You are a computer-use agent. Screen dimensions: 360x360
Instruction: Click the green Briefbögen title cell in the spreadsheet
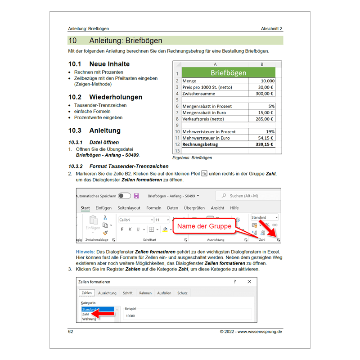(x=228, y=72)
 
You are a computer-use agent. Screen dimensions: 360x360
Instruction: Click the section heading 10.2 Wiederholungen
(x=105, y=97)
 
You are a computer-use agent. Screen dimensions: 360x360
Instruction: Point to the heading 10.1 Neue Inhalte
(x=99, y=64)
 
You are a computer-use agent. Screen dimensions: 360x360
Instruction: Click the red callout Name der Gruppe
(x=204, y=226)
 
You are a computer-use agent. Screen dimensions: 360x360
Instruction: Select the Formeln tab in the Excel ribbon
(x=153, y=208)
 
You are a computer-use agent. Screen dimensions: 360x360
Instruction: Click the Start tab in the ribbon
(x=85, y=208)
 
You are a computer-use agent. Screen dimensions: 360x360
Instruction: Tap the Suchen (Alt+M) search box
(x=247, y=196)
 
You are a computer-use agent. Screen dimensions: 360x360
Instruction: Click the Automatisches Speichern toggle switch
(x=125, y=196)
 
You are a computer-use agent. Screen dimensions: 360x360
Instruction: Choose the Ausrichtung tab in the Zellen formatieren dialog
(x=107, y=293)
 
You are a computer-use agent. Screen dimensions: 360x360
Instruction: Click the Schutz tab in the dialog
(x=182, y=293)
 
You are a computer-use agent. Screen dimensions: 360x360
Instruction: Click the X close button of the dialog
(x=249, y=282)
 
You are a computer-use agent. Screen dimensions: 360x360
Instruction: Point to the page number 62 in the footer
(x=70, y=332)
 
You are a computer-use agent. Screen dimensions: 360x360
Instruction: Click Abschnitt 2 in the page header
(x=271, y=29)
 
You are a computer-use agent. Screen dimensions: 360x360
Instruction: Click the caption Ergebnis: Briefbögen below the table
(x=192, y=158)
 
